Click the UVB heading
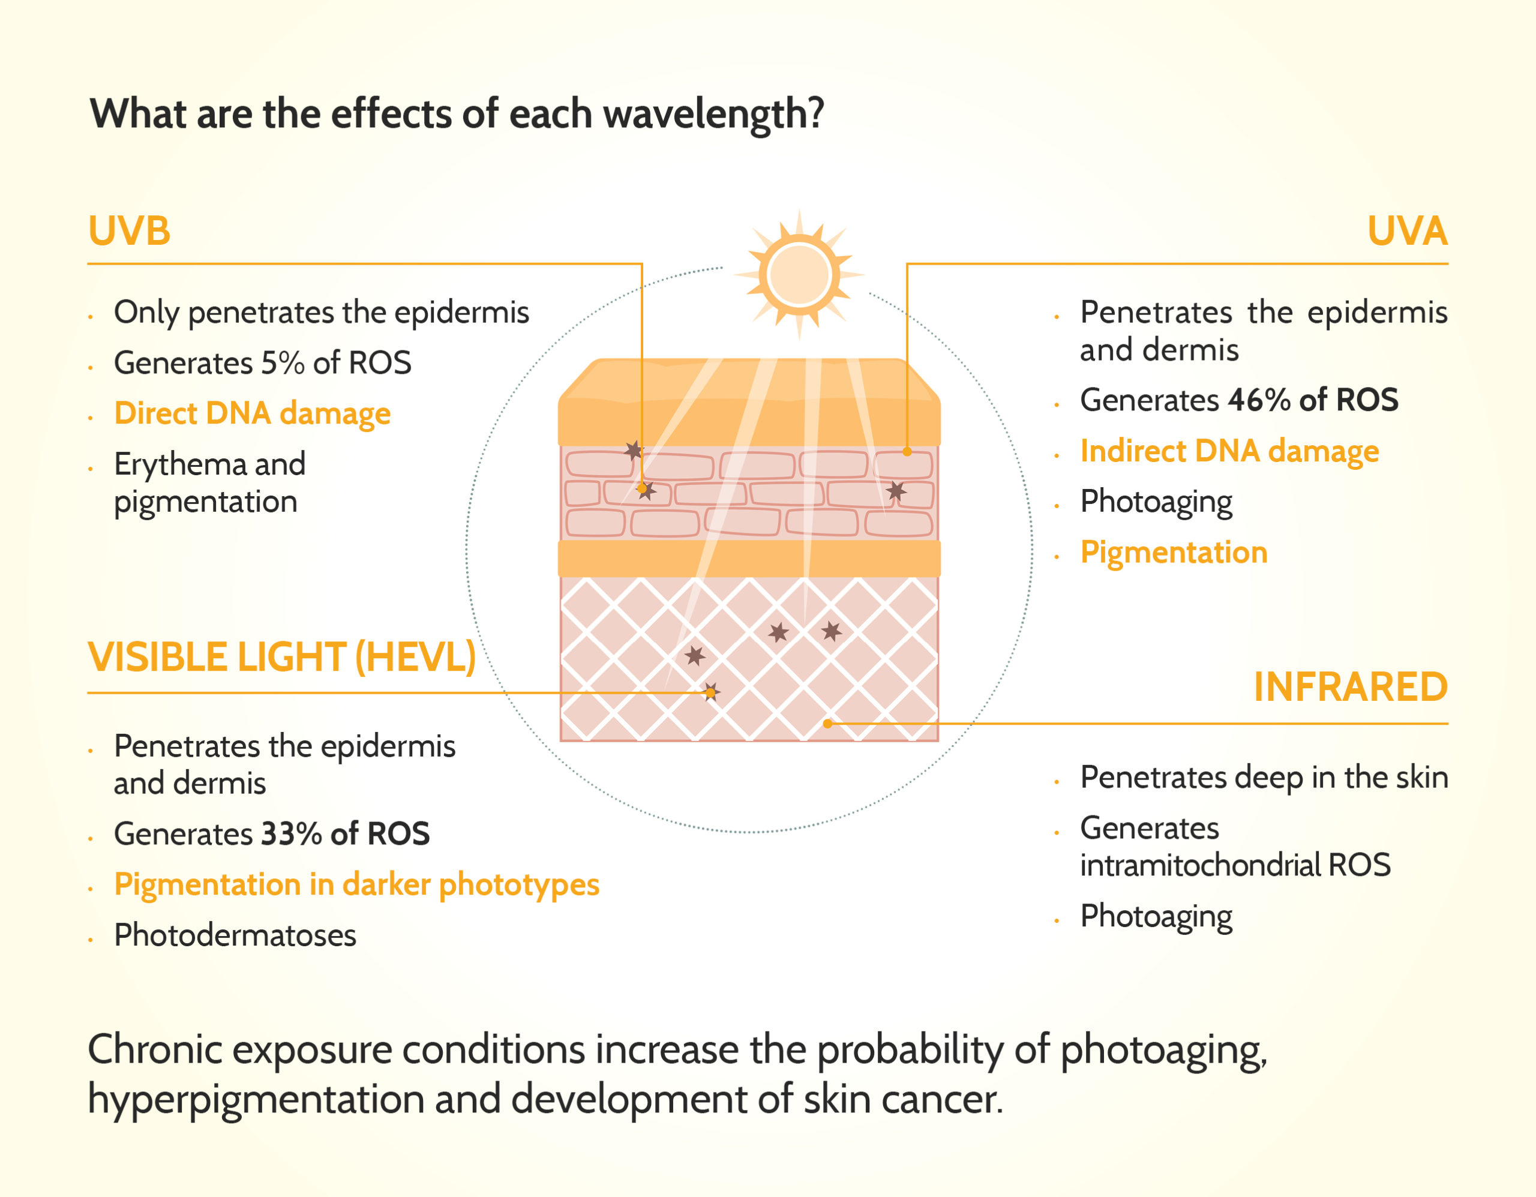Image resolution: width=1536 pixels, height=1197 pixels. [130, 230]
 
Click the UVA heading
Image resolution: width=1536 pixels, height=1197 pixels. [1407, 230]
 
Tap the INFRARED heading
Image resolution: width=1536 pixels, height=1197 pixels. [1351, 687]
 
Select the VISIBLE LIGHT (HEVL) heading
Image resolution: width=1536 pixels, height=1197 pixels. [282, 658]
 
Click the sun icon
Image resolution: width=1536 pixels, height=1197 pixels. [799, 275]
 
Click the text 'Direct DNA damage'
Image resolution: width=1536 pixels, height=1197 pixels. [253, 413]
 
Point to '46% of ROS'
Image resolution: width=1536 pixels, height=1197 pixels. [1313, 400]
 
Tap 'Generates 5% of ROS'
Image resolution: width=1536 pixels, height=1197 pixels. [262, 363]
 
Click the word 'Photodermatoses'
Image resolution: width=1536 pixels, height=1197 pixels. [235, 935]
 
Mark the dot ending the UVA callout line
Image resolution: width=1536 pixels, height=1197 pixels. [907, 452]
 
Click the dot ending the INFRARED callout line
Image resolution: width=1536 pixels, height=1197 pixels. [828, 724]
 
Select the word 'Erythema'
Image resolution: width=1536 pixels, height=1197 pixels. [180, 465]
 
